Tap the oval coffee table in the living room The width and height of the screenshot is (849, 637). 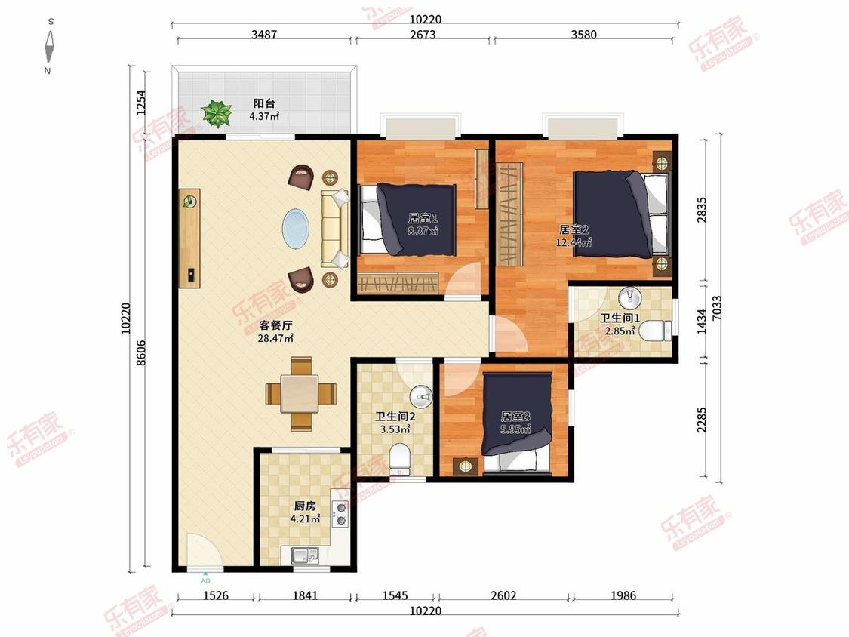click(x=296, y=229)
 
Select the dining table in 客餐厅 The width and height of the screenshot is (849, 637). click(x=301, y=393)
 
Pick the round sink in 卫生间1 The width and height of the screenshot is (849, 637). click(x=629, y=298)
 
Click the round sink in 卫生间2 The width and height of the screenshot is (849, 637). click(x=420, y=396)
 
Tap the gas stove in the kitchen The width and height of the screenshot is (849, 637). click(x=341, y=514)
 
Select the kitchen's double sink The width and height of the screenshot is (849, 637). click(x=305, y=555)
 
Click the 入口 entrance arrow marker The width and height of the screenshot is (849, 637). click(x=205, y=574)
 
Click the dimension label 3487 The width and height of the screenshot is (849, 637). click(x=264, y=35)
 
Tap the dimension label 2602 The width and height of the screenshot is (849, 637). click(x=503, y=595)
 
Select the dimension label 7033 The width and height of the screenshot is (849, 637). click(x=717, y=308)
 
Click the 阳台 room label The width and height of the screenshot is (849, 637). click(x=264, y=103)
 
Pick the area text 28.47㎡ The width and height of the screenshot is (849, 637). click(x=275, y=339)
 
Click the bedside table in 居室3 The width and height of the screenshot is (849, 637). click(x=465, y=466)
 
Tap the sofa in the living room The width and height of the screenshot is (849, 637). click(x=334, y=229)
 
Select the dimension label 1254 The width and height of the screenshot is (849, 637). click(x=141, y=103)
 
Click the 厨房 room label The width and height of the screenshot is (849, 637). click(x=305, y=506)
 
